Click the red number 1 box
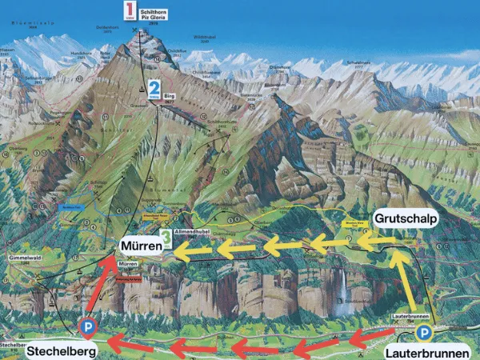click(x=128, y=11)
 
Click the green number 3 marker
click(x=166, y=238)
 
